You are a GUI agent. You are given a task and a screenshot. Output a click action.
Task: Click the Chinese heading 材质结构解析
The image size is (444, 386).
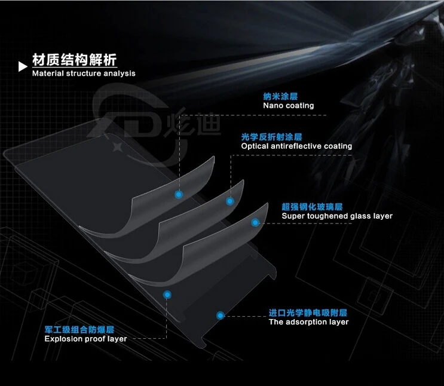pos(74,60)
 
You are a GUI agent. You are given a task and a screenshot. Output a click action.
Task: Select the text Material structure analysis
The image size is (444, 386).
pos(84,73)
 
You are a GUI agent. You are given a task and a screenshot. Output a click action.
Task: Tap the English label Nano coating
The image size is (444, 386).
pos(288,106)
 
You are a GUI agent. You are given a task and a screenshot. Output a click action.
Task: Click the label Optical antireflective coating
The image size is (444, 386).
pos(296,146)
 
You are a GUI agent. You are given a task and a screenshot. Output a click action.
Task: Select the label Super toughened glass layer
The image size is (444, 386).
pos(337,216)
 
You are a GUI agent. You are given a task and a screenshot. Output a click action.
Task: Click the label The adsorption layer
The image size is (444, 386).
pos(308,322)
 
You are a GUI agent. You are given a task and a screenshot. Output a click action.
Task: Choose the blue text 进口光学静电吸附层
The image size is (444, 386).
pos(308,313)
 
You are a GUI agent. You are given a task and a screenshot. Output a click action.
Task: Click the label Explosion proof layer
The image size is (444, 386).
pos(85,339)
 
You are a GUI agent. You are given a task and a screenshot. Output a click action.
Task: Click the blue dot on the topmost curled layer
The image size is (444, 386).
pos(178,195)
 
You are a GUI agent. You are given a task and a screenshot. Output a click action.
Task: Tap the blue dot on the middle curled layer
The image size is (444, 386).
pos(229,201)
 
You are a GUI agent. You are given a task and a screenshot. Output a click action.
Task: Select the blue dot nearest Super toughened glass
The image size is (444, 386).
pos(255,223)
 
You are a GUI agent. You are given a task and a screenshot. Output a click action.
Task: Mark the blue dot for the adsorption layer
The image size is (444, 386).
pos(221,315)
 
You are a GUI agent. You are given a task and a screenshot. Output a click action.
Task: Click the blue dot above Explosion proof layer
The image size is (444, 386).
pos(168,294)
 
